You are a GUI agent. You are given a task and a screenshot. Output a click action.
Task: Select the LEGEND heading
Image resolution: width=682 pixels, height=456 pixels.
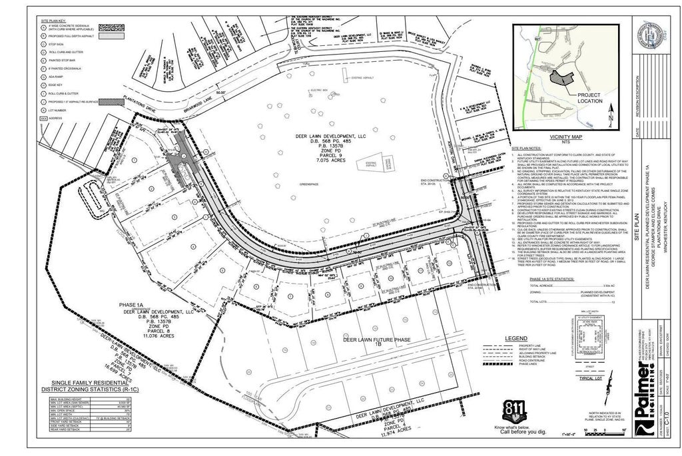click(517, 338)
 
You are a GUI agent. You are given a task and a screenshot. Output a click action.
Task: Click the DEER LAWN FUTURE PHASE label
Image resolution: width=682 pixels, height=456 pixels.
click(376, 340)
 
